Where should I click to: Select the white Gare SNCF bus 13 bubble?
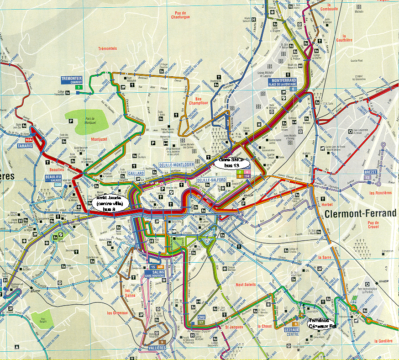point(232,163)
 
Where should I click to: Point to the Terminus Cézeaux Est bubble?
point(321,323)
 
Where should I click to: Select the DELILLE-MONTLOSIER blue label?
point(177,164)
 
